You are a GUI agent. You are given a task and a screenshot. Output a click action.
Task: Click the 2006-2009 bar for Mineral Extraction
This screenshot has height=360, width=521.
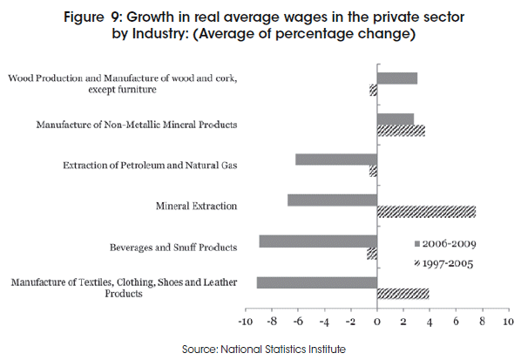click(332, 200)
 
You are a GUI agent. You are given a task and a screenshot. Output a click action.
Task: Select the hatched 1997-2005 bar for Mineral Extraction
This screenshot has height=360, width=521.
click(426, 212)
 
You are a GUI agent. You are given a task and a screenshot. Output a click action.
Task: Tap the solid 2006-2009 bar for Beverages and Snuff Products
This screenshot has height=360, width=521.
click(318, 241)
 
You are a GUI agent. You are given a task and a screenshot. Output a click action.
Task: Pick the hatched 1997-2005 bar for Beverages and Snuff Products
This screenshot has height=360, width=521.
click(372, 254)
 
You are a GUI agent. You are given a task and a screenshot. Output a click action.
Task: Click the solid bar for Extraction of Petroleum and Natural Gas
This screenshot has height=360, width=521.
click(336, 160)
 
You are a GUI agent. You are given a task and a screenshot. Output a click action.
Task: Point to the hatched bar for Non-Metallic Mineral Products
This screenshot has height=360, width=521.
click(401, 131)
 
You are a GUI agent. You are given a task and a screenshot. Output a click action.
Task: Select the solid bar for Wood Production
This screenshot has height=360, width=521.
click(397, 78)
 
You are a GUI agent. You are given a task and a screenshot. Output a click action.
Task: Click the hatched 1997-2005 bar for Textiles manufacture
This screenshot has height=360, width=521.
click(403, 294)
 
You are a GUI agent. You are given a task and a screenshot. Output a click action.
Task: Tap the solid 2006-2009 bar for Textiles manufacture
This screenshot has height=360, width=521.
click(317, 282)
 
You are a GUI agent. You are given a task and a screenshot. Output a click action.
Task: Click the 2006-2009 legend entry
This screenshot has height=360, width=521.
click(445, 244)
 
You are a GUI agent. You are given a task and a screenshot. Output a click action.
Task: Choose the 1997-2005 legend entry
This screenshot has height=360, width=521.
click(443, 263)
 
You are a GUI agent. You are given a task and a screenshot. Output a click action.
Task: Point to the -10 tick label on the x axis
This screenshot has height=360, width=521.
click(245, 322)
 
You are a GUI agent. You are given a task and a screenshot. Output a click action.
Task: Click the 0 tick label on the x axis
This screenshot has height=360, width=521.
click(376, 322)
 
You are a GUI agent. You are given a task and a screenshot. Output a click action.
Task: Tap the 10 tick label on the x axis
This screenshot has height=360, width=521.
click(509, 322)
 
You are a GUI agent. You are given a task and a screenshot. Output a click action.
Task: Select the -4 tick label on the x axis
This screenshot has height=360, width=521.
click(324, 322)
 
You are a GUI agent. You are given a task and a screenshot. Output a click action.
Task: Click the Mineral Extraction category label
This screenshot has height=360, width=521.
click(196, 206)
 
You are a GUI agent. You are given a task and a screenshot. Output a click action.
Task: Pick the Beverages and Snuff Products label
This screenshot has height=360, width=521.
click(173, 248)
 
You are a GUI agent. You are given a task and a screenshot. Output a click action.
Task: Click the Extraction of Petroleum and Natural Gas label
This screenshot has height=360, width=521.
click(150, 166)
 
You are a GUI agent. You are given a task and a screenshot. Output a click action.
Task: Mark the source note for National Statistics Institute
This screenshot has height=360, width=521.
click(264, 350)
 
